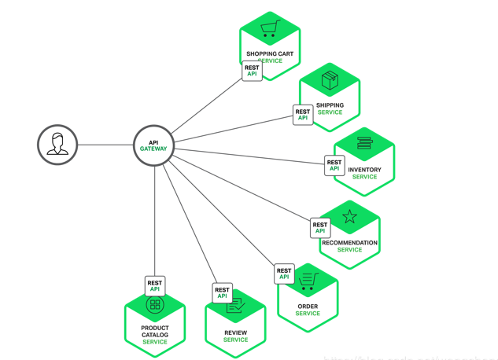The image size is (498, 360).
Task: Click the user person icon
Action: coord(57,145)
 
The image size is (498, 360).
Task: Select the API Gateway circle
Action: coord(153,146)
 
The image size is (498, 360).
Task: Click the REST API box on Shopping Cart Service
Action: coord(252,71)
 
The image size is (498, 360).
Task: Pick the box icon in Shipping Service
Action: coord(330,80)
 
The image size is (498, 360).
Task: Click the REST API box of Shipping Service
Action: coord(303,115)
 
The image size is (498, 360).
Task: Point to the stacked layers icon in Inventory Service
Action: coord(364,144)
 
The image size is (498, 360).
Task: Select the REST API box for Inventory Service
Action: coord(334,166)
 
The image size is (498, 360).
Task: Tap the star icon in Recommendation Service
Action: coord(349,216)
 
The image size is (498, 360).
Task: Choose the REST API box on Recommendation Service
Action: coord(320,228)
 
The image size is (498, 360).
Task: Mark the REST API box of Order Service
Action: coord(284,274)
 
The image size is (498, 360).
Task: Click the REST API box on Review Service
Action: coord(223,293)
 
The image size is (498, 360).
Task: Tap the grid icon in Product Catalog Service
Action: coord(155,305)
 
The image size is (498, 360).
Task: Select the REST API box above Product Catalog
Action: coord(155,286)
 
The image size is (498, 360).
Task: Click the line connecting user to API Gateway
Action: coord(106,145)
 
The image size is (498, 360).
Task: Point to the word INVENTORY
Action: coord(364,170)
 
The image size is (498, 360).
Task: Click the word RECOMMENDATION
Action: coord(349,243)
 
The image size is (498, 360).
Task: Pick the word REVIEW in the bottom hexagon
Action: coord(235,332)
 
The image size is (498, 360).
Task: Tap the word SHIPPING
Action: coord(330,105)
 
